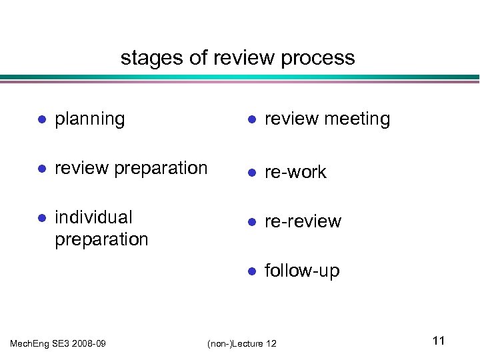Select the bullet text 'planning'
[90, 119]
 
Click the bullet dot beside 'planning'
[41, 120]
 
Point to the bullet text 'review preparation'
[131, 169]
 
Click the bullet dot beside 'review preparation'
[41, 169]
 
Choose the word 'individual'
[93, 217]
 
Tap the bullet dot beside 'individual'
[41, 218]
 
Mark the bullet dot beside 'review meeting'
[251, 120]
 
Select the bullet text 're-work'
[295, 172]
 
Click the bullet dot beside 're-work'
[251, 173]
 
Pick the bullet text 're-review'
[303, 221]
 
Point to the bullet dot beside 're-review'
[251, 222]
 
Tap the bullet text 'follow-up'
[302, 271]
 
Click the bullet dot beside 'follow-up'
[251, 271]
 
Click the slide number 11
[438, 341]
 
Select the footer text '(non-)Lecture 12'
[242, 343]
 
